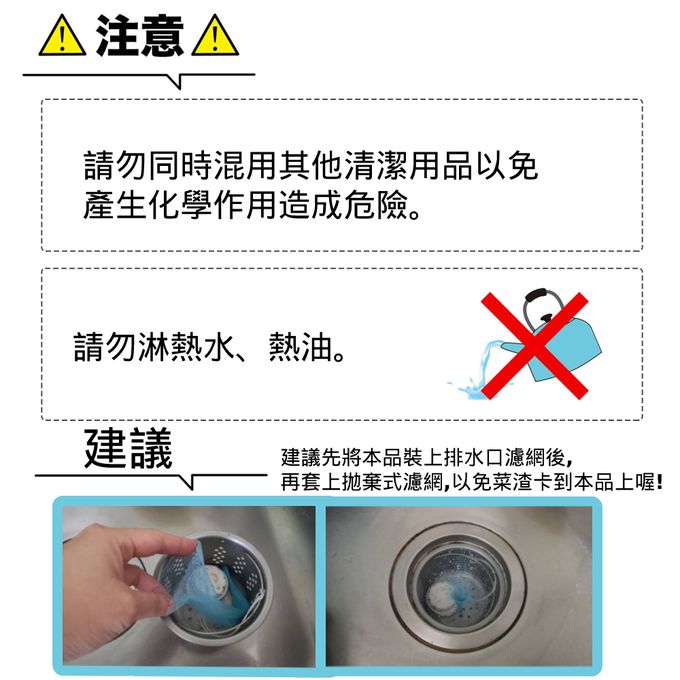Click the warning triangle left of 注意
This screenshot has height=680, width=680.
tap(62, 36)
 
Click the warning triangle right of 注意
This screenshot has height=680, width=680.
tap(215, 36)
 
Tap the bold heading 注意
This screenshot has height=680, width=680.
tap(140, 36)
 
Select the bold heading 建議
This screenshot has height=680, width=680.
tap(128, 448)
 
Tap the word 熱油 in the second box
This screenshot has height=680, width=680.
tap(301, 347)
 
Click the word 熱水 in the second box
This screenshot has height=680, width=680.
tap(204, 347)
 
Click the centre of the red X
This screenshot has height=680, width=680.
tap(534, 346)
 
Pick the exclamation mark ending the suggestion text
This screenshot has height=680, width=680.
tap(660, 482)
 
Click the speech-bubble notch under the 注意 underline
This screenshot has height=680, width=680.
tap(179, 82)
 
